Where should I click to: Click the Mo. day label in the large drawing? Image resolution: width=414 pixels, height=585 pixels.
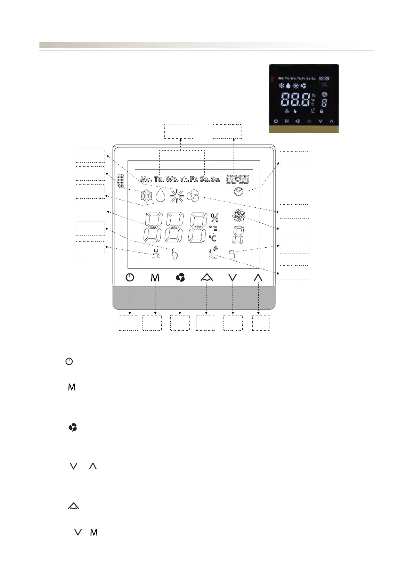pos(146,180)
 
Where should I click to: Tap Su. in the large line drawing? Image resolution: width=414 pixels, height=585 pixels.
pos(216,180)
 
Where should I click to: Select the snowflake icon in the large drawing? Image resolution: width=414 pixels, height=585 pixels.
pos(146,196)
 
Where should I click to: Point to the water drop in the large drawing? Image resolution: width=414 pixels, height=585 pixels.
pos(161,196)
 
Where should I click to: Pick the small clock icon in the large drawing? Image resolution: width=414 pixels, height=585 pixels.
pos(238,192)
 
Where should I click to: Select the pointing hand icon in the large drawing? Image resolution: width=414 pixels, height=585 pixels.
pos(174,254)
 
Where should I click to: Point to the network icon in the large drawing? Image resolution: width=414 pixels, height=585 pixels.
pos(156,254)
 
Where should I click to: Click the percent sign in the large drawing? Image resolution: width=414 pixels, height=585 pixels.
pos(215,218)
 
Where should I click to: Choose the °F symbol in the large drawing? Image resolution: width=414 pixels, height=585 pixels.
pos(213,229)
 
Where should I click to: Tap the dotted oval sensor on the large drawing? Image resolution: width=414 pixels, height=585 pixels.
pos(121,181)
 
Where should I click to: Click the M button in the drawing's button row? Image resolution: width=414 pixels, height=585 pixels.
pos(155,278)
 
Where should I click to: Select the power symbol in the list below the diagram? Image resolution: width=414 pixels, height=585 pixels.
pos(69,362)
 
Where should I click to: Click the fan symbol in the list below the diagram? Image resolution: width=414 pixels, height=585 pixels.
pos(73,427)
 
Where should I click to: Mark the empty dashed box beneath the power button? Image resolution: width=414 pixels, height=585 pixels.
pos(128,323)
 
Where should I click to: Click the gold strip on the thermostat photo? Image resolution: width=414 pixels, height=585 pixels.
pos(303,129)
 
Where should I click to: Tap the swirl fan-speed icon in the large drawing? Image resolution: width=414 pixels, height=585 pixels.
pos(239,216)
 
